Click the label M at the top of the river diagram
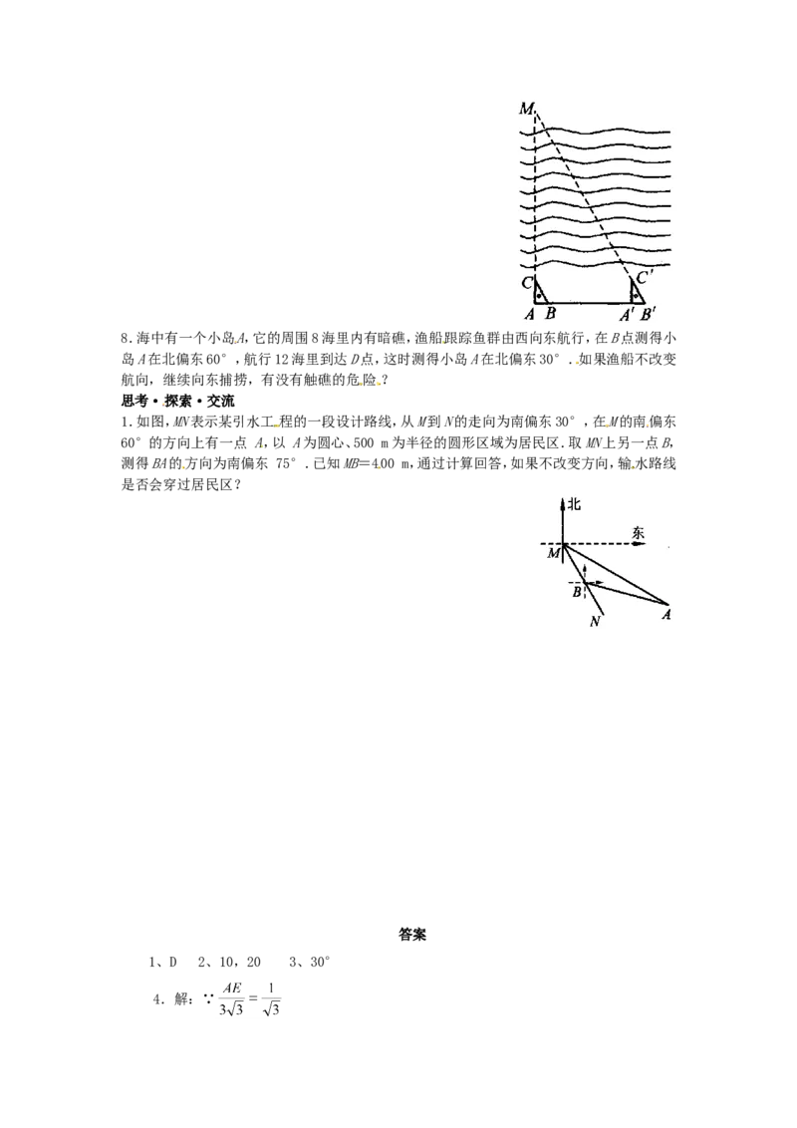(x=526, y=109)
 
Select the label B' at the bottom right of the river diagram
(x=648, y=314)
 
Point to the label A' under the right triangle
(x=628, y=314)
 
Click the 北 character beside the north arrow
(x=574, y=504)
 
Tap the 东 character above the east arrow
(x=638, y=532)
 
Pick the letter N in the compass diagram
(x=594, y=622)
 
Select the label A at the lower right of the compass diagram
(x=666, y=615)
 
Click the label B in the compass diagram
(x=577, y=593)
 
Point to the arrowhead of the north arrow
(x=563, y=500)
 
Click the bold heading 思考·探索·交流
(x=177, y=401)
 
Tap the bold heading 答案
(x=412, y=935)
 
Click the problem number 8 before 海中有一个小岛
(x=125, y=338)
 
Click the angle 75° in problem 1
(x=285, y=463)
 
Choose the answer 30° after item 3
(x=320, y=962)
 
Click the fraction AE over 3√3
(x=231, y=998)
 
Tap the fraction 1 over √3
(x=271, y=998)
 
